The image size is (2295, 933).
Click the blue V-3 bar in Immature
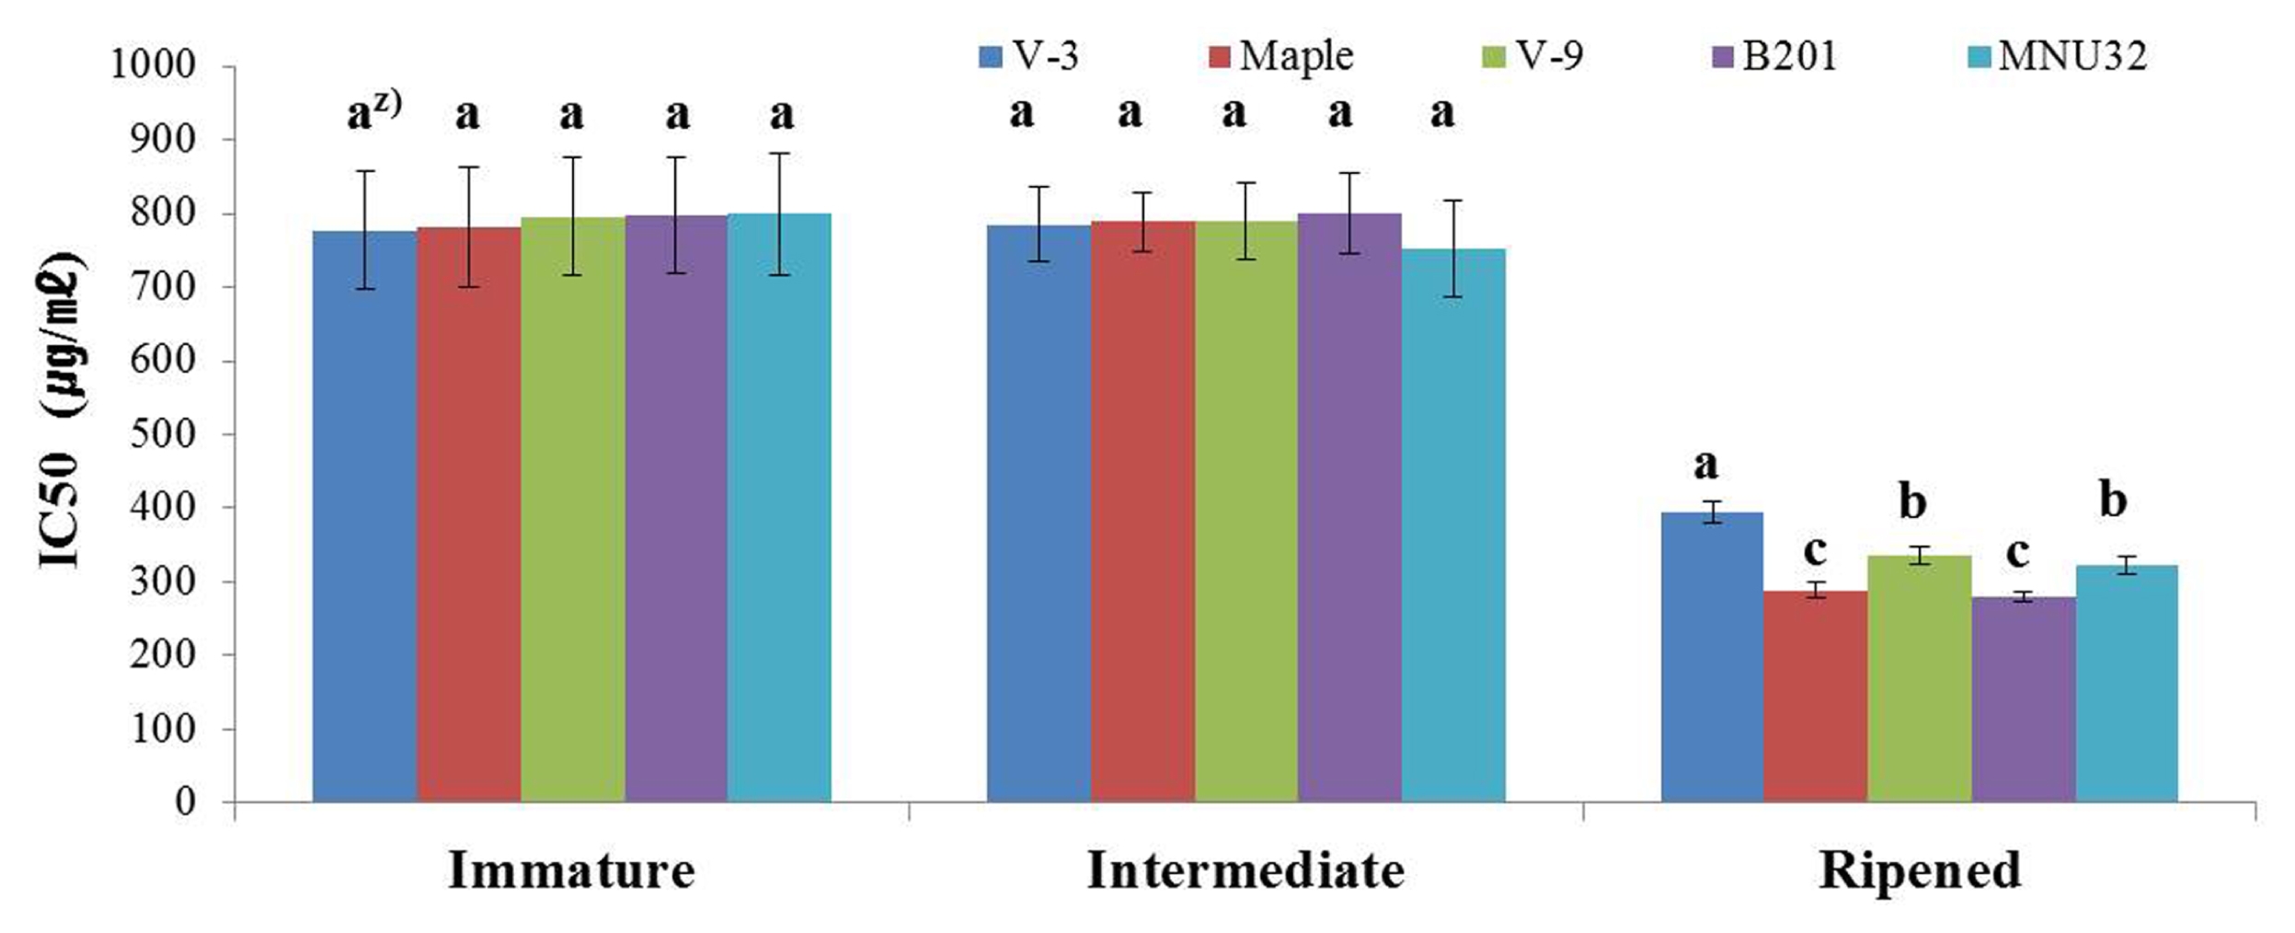(365, 516)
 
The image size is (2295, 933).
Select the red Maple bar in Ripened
(1816, 697)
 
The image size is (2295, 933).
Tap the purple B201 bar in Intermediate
(1349, 508)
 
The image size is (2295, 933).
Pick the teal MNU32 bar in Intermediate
(1453, 525)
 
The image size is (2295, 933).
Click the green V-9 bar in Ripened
(1920, 679)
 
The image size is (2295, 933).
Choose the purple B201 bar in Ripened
(2024, 699)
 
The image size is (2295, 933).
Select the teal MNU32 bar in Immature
(779, 508)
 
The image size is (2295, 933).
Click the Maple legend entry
(1280, 56)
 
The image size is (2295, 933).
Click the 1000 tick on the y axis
(154, 65)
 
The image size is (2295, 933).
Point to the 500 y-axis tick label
(164, 433)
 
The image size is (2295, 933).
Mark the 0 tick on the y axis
(186, 801)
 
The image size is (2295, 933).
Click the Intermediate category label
(1245, 870)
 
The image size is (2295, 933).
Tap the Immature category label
(571, 870)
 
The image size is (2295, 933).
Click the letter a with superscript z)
(373, 112)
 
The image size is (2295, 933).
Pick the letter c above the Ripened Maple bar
(1815, 551)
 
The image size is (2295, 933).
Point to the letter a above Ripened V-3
(1705, 466)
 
